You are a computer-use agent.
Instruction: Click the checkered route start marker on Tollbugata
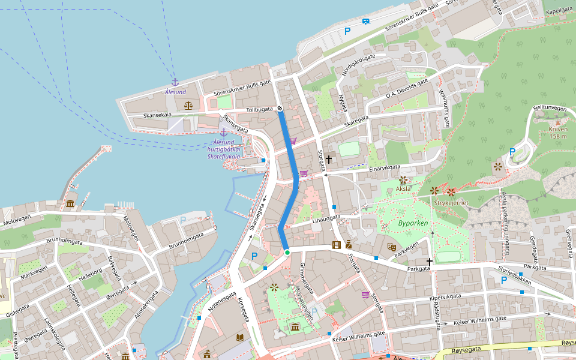coord(280,109)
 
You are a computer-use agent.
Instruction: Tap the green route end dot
coord(287,253)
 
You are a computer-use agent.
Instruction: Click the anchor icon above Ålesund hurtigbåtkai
coord(223,132)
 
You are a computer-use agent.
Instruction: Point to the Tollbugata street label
coord(260,110)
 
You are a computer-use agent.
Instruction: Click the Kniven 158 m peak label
coord(557,133)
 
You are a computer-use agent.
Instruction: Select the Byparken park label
coord(413,223)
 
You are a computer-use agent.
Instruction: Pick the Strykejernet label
coord(451,203)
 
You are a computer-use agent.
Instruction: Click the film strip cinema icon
coord(336,244)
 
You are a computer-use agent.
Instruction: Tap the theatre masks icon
coord(391,246)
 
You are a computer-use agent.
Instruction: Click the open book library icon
coord(240,338)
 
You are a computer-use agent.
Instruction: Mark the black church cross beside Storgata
coord(329,159)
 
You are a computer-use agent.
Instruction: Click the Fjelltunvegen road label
coord(550,109)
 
